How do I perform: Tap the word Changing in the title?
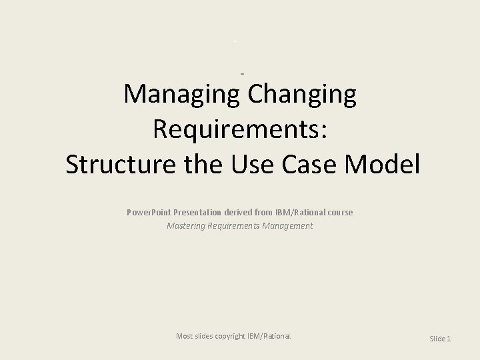click(x=302, y=95)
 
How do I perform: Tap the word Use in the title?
click(x=256, y=164)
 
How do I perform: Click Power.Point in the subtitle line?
click(x=149, y=212)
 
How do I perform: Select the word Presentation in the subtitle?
click(x=197, y=212)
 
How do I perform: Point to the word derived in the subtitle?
click(x=240, y=212)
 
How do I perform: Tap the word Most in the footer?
click(x=184, y=336)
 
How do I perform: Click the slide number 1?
click(x=449, y=339)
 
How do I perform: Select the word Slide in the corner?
click(x=437, y=339)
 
